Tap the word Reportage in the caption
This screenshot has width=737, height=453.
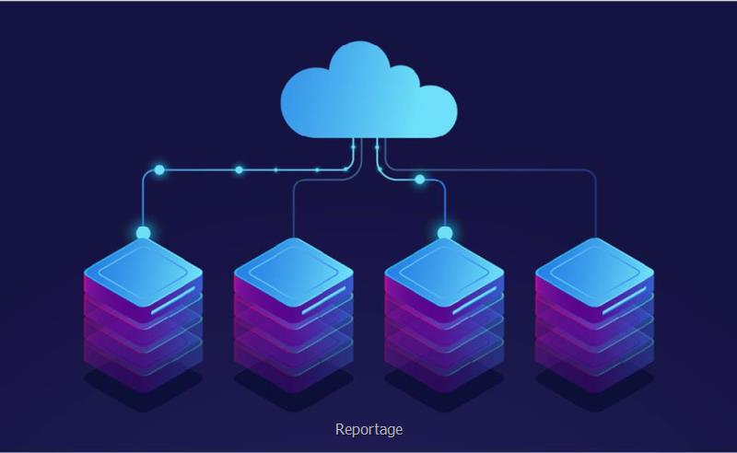[x=368, y=429]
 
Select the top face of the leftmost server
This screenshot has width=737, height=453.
[x=143, y=268]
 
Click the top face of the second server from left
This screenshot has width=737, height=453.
[x=293, y=268]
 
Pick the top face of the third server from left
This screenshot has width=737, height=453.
[x=444, y=268]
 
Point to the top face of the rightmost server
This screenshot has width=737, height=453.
[x=594, y=268]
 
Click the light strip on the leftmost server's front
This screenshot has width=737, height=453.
[x=177, y=296]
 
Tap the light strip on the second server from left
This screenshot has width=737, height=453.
[x=327, y=296]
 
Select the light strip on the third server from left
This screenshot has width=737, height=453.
[x=478, y=296]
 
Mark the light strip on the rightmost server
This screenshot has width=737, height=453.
[x=628, y=296]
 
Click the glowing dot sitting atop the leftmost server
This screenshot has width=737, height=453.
[x=143, y=232]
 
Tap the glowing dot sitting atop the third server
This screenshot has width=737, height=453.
[x=444, y=232]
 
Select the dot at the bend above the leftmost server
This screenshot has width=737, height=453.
[x=159, y=169]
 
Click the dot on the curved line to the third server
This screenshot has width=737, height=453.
[x=420, y=179]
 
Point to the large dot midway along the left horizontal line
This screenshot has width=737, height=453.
[x=239, y=169]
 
